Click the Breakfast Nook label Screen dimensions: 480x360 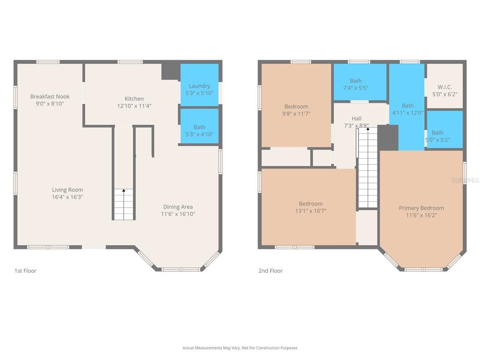point(50,97)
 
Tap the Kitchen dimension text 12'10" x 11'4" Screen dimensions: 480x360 point(134,106)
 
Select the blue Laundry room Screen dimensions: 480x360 point(199,85)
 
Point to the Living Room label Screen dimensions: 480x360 point(67,190)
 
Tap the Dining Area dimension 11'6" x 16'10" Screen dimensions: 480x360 point(178,214)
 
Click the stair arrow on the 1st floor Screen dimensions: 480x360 point(124,190)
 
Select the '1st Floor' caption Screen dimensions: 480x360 point(25,270)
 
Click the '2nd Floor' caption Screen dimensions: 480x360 point(270,270)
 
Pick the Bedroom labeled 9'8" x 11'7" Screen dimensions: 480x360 point(296,105)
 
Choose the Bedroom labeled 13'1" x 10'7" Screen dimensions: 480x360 point(308,207)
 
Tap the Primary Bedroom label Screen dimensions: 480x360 point(421,208)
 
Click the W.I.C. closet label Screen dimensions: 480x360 point(444,87)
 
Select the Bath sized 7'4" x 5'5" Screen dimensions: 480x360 point(360,82)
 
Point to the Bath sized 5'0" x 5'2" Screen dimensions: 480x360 point(444,129)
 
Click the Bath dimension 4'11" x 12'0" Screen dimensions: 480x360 point(408,112)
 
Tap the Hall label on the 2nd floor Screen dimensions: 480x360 point(356,119)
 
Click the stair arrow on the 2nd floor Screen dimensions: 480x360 point(368,129)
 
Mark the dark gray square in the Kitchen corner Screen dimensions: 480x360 point(171,71)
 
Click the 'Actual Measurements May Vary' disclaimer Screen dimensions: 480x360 point(240,348)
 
